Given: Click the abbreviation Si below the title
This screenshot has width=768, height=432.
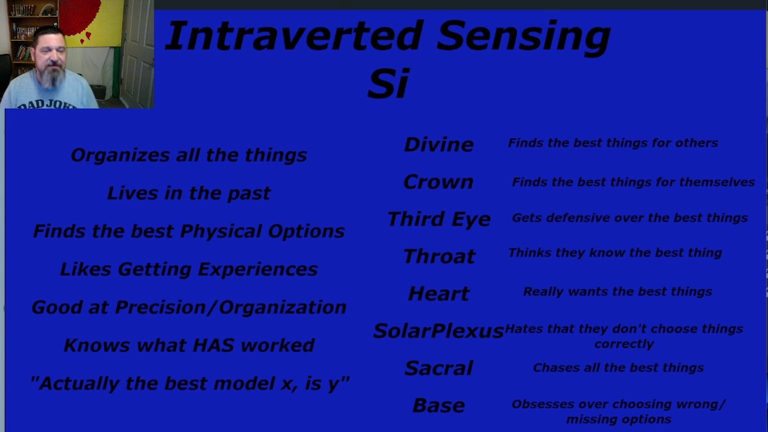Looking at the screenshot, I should tap(388, 83).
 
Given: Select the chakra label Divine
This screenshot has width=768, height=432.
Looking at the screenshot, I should tap(439, 144).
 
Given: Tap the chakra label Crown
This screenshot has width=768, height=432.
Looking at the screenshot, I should tap(438, 182).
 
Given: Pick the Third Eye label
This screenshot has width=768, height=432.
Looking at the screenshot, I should tap(439, 219).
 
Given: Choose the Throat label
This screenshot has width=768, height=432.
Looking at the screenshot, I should tap(439, 256).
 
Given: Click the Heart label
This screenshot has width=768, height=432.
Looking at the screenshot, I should tap(439, 293).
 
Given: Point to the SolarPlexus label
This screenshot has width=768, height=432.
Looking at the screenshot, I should tap(438, 331).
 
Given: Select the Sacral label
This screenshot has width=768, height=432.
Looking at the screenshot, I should tap(439, 368).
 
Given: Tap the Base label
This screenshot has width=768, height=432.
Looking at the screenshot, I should tap(439, 406).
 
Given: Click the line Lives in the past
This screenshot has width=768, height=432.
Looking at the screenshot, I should tap(188, 193).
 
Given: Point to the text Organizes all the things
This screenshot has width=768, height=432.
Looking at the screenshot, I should tap(188, 155).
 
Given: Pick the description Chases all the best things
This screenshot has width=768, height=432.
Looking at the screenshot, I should tap(618, 368).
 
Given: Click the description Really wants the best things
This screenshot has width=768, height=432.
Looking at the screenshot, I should tap(617, 292).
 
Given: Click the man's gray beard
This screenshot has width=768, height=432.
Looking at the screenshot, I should tap(52, 78).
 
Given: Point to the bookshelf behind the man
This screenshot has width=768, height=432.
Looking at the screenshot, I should tap(24, 30).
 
